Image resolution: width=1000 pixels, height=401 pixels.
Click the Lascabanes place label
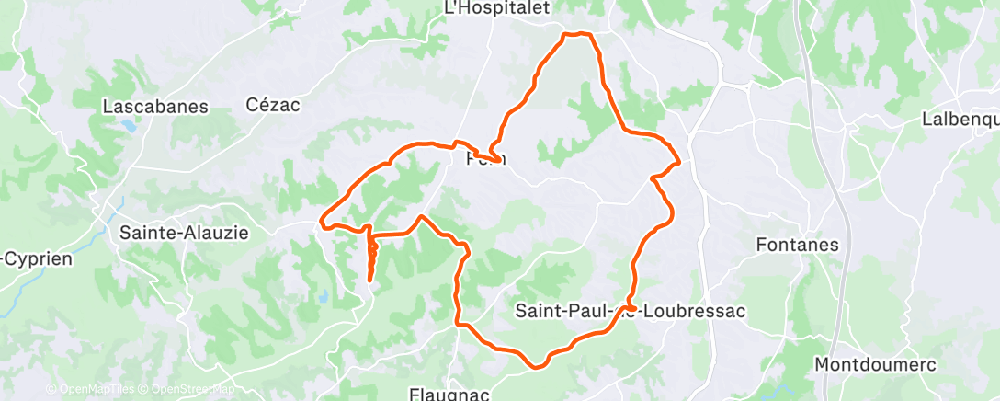tap(155, 107)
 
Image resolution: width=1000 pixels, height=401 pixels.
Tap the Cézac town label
tap(273, 105)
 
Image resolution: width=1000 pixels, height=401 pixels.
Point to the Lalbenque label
tap(960, 120)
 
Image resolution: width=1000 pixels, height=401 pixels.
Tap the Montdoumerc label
tap(875, 365)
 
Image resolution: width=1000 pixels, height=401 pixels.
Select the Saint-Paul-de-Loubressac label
tap(630, 311)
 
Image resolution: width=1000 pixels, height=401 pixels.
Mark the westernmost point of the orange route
tap(321, 221)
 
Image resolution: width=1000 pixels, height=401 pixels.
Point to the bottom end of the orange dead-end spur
tap(370, 278)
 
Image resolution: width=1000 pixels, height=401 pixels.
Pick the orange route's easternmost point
tap(679, 164)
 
